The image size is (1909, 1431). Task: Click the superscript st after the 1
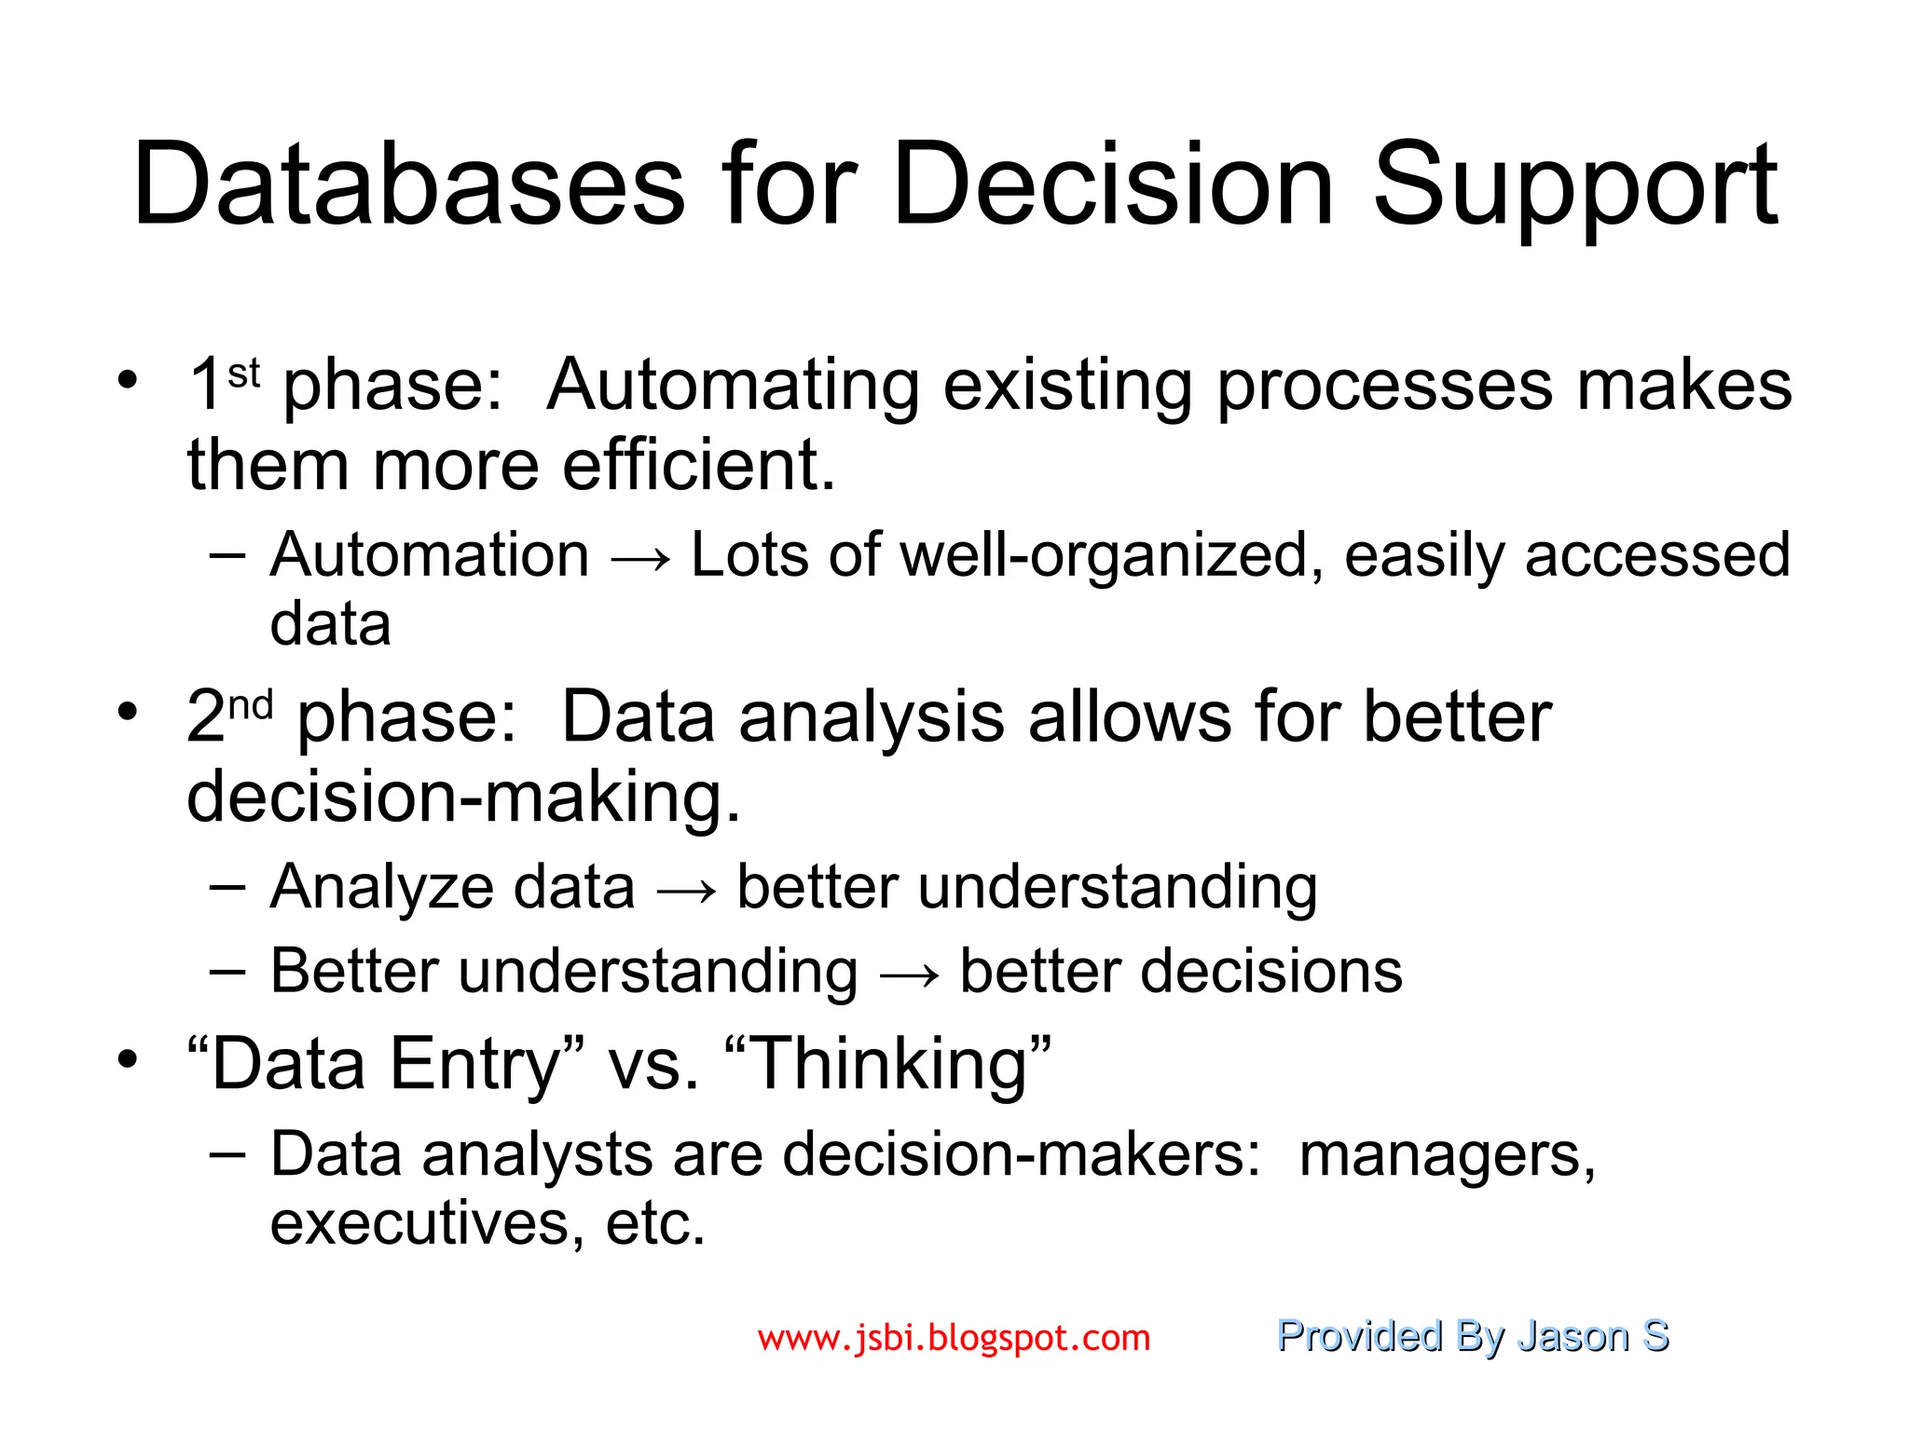[243, 375]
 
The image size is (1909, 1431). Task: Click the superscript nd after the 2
[251, 705]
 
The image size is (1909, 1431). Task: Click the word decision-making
[462, 797]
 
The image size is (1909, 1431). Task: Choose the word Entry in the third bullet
[474, 1066]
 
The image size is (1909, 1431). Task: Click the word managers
[1447, 1156]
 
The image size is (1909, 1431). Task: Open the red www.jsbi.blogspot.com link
[954, 1338]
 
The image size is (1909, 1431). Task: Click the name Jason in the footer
[1573, 1336]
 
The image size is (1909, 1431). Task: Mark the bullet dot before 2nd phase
[128, 713]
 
